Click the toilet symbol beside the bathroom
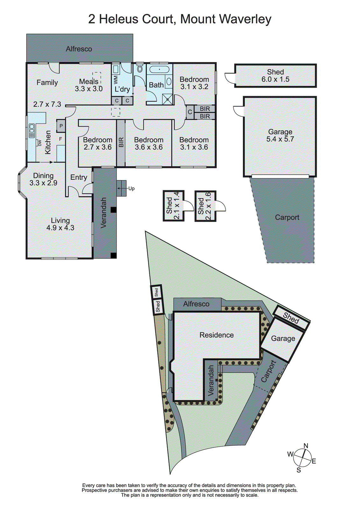[140, 68]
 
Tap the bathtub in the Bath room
[159, 69]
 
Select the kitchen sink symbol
[32, 131]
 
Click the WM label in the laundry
[116, 80]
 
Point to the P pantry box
[61, 126]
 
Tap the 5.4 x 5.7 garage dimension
[280, 139]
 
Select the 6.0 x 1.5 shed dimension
[275, 80]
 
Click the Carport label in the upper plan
[287, 217]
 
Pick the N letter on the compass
[306, 446]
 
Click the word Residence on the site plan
[216, 335]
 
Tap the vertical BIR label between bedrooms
[121, 142]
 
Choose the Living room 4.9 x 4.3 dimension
[60, 228]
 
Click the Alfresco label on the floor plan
[79, 49]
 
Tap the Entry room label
[79, 178]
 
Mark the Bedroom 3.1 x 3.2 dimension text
[194, 87]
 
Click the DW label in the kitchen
[40, 143]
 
